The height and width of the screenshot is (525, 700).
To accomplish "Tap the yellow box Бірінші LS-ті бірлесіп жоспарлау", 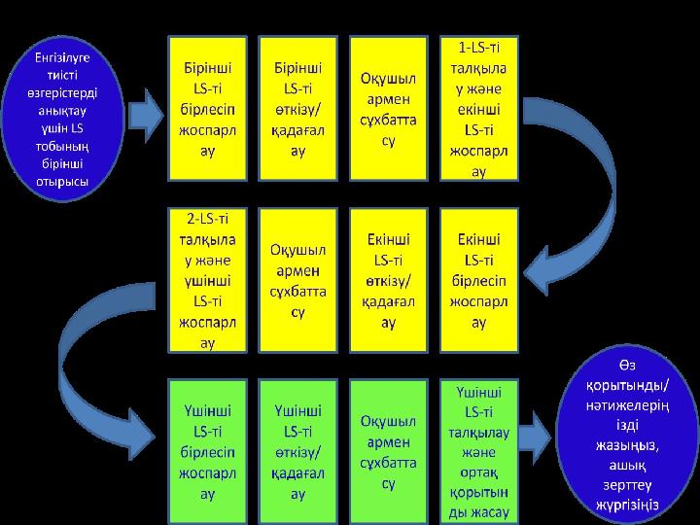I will point(208,108).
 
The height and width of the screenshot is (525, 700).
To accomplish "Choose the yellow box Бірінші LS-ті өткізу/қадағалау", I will point(297,108).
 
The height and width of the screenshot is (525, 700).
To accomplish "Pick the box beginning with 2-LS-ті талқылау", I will point(208,277).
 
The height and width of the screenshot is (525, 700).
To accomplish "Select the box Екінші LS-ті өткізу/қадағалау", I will point(387,277).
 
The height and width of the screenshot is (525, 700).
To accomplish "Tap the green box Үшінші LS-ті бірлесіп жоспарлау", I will point(208,451).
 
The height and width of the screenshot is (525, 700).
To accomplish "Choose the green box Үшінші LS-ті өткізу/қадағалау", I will point(297,451).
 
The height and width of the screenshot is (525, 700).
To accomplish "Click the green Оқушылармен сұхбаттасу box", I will point(387,451).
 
